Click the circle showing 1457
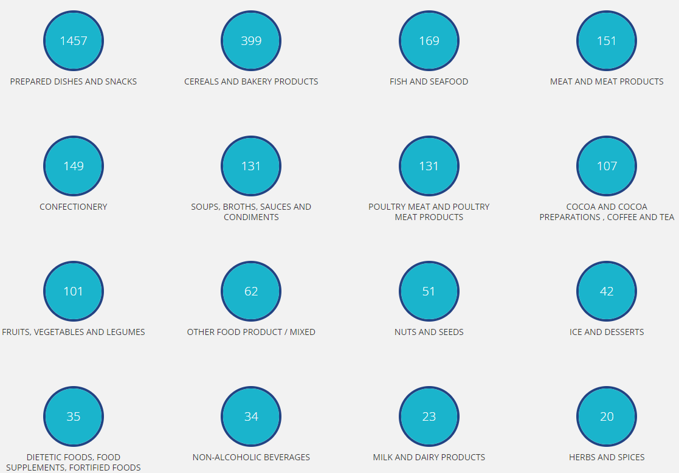[x=74, y=41]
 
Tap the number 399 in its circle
[x=251, y=41]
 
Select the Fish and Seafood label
[x=429, y=81]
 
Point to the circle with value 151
[x=607, y=41]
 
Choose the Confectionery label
[x=74, y=207]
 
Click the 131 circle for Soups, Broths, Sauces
[x=251, y=166]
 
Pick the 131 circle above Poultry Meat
[x=429, y=166]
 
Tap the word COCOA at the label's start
[x=565, y=207]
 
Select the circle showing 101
[x=74, y=291]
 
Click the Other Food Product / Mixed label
[x=251, y=332]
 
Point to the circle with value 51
[x=429, y=291]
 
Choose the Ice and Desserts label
[x=607, y=332]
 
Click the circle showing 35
[x=74, y=416]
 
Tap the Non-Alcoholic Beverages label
[x=251, y=457]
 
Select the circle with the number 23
[x=429, y=416]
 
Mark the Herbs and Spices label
[x=607, y=457]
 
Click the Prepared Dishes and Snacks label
[x=74, y=81]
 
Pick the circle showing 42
[x=607, y=291]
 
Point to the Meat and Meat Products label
[x=607, y=81]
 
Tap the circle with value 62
[x=251, y=291]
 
